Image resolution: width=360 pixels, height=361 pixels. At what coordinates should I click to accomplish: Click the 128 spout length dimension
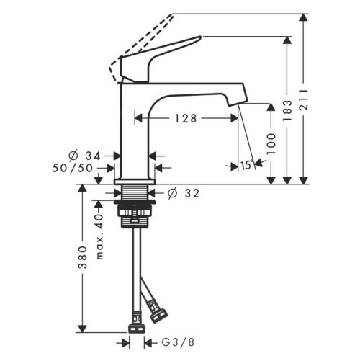pos(185,118)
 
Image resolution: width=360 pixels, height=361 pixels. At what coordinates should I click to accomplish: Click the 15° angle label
pos(247,165)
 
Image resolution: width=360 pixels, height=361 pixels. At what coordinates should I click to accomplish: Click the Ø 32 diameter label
pos(183,193)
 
